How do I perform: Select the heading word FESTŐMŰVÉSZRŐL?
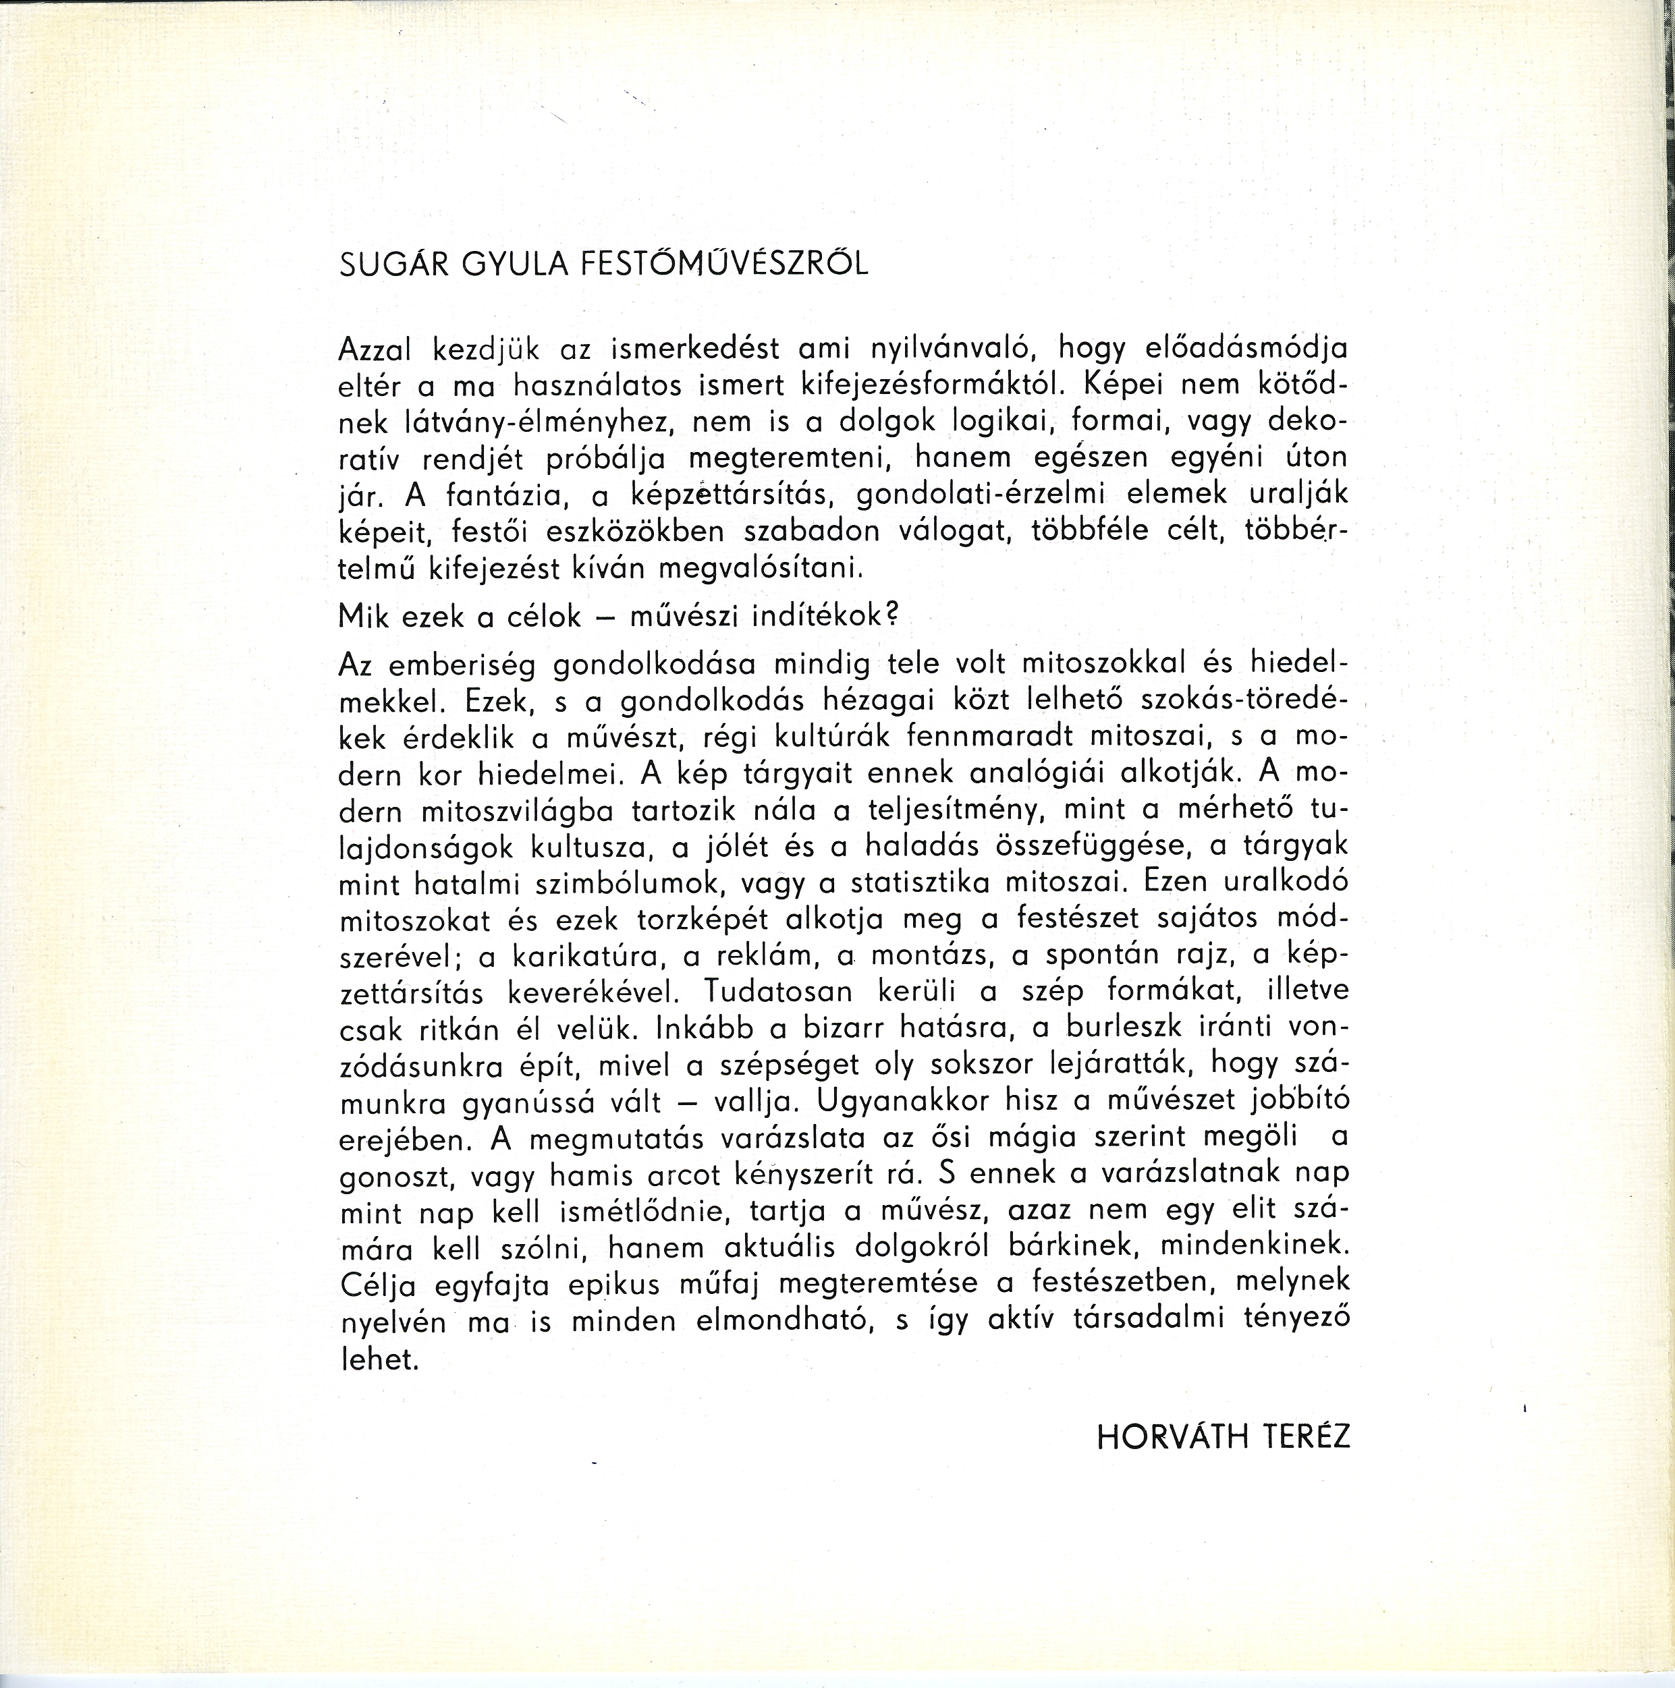(725, 264)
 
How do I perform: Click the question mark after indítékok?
(891, 616)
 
